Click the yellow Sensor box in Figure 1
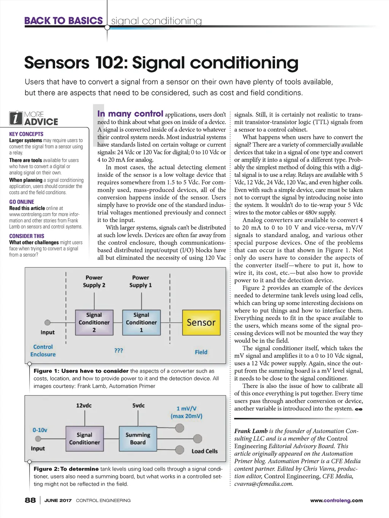tap(201, 323)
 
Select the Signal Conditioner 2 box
tap(94, 323)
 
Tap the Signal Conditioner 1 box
tap(141, 323)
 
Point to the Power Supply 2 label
tap(94, 281)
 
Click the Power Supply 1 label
tap(141, 281)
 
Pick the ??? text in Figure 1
tap(119, 351)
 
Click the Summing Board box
tap(138, 439)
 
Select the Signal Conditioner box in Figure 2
tap(84, 439)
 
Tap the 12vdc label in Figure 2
tap(84, 405)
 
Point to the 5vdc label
tap(138, 405)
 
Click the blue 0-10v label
tap(40, 430)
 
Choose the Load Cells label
tap(204, 451)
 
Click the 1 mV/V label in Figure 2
tap(187, 409)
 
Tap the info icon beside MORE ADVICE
tap(16, 118)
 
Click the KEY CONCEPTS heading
tap(26, 134)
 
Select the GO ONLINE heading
tap(22, 202)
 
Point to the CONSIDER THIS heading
tap(27, 236)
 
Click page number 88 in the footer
tap(30, 500)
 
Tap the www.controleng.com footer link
tap(336, 501)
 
